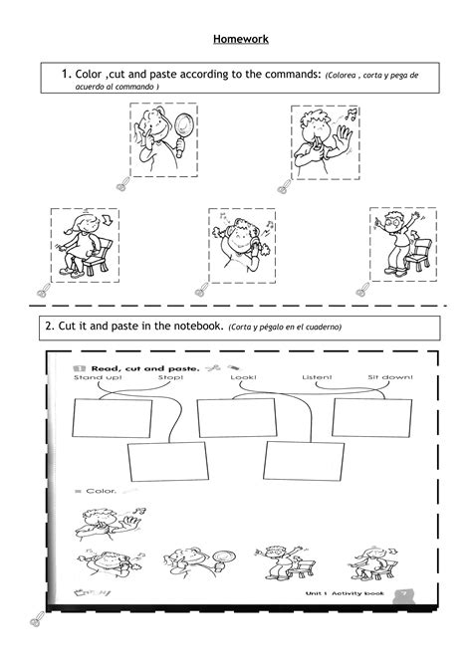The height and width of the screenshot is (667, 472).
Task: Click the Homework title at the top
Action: [x=240, y=40]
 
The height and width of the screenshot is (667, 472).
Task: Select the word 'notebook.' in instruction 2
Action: [x=190, y=326]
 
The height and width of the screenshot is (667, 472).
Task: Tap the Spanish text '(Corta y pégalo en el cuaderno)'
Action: [x=285, y=327]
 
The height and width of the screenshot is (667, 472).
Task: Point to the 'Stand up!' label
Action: [x=94, y=378]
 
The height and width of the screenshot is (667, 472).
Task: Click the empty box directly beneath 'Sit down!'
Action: [x=372, y=417]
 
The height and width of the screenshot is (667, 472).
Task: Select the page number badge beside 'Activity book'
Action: [x=403, y=593]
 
